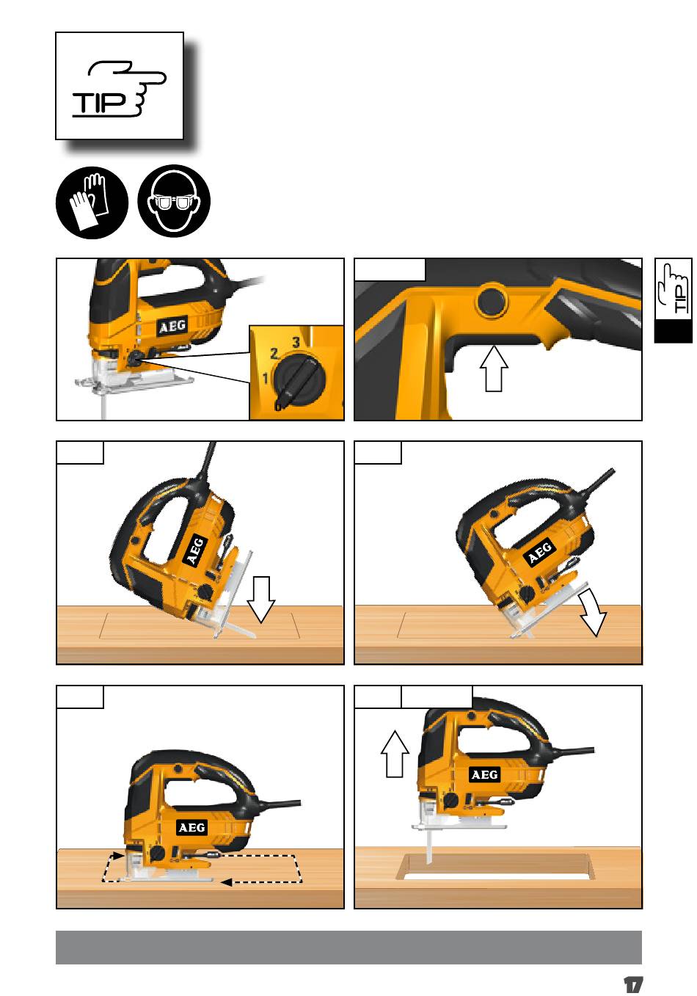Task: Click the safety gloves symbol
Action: tap(92, 203)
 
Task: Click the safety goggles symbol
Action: tap(174, 203)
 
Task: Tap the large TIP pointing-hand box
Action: tap(120, 86)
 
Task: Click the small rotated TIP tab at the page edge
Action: tap(673, 300)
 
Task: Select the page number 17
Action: tap(633, 984)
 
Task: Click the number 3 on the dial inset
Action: tap(296, 342)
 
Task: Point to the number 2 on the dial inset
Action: tap(274, 354)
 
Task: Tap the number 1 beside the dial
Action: tap(266, 379)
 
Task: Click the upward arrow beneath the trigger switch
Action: tap(494, 368)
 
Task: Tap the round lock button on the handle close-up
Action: tap(492, 302)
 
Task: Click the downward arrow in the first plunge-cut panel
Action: tap(261, 600)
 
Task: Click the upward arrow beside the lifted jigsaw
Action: tap(395, 754)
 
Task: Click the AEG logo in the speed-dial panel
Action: tap(172, 327)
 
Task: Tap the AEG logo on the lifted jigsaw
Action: tap(484, 774)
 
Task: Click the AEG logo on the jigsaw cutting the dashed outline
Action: tap(192, 827)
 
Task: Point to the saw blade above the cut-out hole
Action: tap(429, 847)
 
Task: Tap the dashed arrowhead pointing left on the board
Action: tap(226, 882)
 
